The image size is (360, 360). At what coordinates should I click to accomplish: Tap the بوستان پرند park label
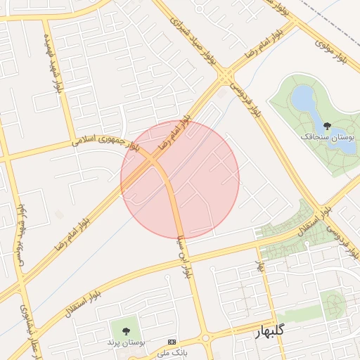[125, 342]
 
